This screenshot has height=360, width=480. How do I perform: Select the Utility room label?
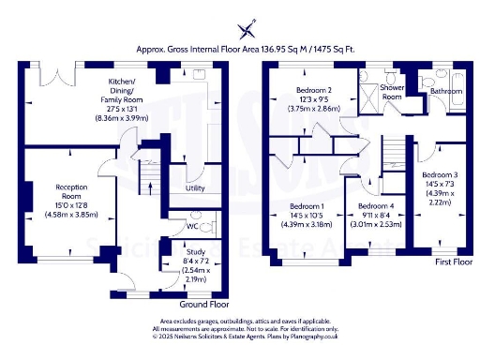[195, 188]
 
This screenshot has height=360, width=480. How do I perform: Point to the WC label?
[191, 226]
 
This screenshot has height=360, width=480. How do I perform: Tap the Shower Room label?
[392, 92]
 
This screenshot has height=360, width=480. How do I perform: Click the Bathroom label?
[445, 91]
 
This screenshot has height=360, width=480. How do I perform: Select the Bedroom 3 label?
[439, 175]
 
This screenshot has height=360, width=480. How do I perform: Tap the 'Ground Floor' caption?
[204, 304]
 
